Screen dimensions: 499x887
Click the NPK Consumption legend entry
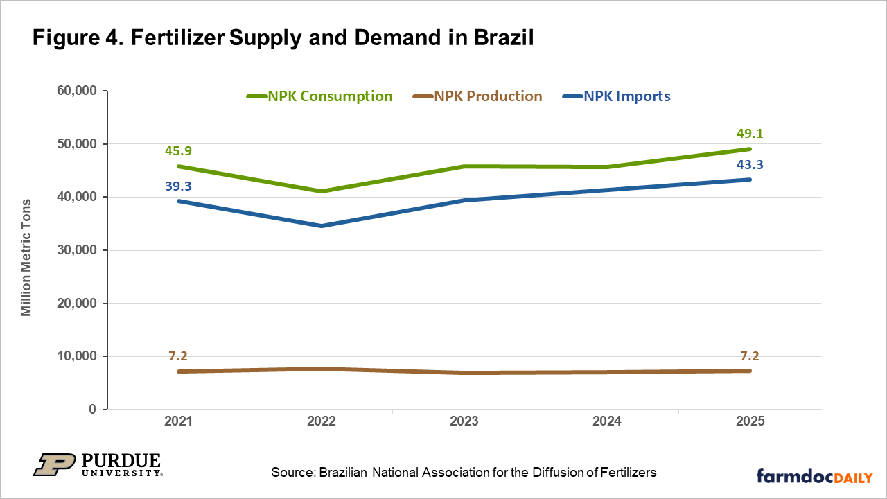(320, 96)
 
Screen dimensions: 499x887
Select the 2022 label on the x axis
(322, 422)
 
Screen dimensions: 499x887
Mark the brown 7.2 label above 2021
(178, 356)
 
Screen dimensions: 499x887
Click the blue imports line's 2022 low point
(322, 226)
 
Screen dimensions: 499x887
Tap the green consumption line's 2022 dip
(322, 191)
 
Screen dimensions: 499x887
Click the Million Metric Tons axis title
(26, 250)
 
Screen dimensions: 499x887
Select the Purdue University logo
(97, 465)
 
